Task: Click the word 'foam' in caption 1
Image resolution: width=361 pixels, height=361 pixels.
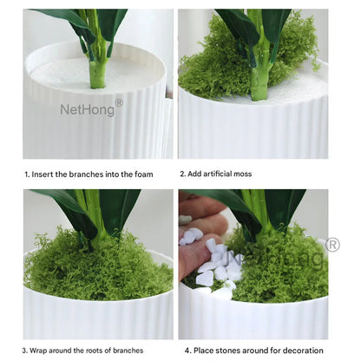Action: click(x=144, y=174)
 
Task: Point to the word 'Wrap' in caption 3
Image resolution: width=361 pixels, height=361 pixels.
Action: click(x=38, y=351)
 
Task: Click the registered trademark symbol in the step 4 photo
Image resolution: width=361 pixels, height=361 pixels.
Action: click(x=332, y=245)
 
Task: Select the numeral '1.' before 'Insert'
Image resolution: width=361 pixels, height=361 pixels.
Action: click(x=27, y=174)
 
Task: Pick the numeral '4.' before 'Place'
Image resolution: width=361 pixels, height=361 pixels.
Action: click(x=188, y=351)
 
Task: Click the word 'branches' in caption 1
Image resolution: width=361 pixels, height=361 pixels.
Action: click(x=86, y=174)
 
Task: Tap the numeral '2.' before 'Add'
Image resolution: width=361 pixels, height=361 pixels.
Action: click(x=183, y=174)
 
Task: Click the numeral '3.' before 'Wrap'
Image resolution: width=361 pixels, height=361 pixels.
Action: click(x=25, y=351)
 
